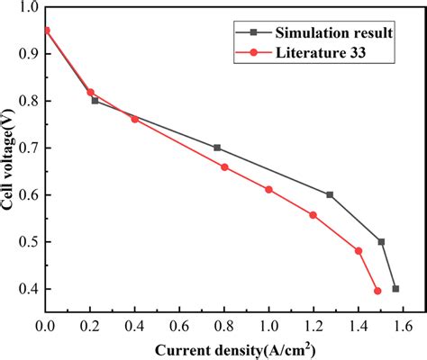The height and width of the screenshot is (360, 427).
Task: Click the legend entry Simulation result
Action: [x=333, y=33]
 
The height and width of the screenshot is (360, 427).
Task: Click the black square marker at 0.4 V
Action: [x=395, y=289]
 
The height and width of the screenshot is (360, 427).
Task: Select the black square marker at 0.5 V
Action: [x=381, y=241]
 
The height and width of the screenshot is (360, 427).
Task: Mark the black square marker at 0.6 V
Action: [x=330, y=194]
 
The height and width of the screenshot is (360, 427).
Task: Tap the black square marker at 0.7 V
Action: [x=217, y=148]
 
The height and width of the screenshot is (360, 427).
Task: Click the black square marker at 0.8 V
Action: [x=95, y=101]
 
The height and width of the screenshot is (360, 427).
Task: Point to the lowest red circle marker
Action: [x=377, y=291]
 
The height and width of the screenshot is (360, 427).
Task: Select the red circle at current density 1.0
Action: [x=268, y=190]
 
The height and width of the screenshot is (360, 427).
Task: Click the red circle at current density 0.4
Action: [x=135, y=119]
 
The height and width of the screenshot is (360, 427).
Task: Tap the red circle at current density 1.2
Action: [x=313, y=215]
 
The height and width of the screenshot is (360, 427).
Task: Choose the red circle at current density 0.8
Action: [x=224, y=166]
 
